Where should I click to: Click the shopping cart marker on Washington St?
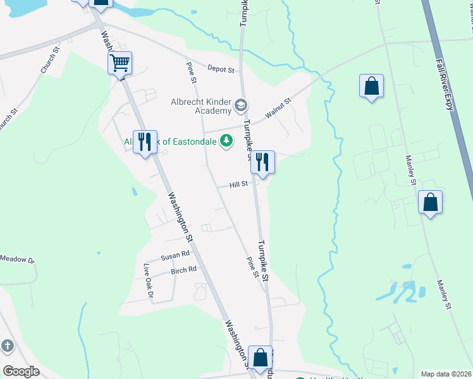click(120, 63)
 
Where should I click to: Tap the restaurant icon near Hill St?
click(262, 162)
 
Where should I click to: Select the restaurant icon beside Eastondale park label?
click(145, 142)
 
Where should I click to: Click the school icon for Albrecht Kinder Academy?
click(240, 105)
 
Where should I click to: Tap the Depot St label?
click(222, 69)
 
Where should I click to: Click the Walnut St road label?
click(278, 107)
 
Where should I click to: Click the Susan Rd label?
click(175, 256)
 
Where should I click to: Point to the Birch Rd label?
click(183, 270)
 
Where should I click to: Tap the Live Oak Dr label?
click(149, 280)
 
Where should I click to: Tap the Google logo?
click(21, 371)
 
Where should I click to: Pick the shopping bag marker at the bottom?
click(260, 358)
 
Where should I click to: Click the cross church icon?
click(7, 346)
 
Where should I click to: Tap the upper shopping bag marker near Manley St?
click(372, 86)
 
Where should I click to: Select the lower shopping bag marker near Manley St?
click(430, 203)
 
